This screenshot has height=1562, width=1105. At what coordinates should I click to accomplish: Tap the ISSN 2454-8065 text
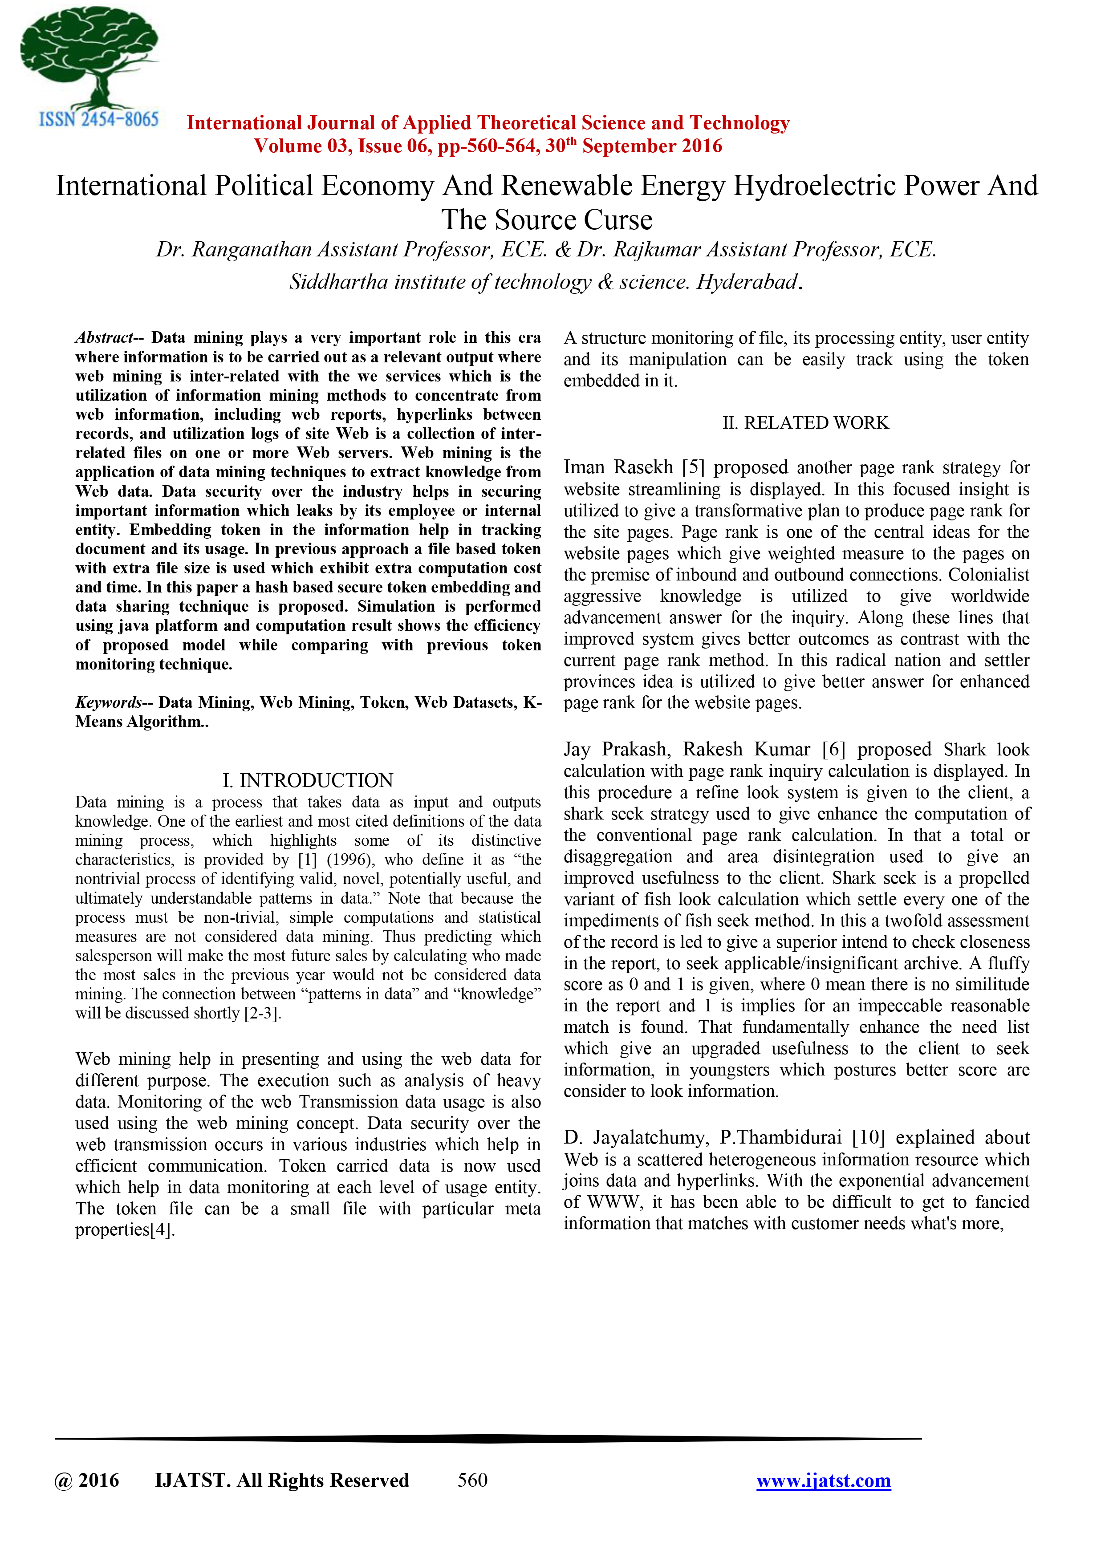(x=99, y=120)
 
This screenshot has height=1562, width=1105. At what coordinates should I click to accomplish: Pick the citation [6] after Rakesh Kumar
(x=833, y=750)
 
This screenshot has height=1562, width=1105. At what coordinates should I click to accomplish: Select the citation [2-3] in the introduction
(x=262, y=1013)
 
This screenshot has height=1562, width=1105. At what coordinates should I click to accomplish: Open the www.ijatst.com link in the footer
(x=823, y=1481)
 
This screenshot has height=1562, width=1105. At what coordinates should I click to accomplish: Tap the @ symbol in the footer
(x=63, y=1481)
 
